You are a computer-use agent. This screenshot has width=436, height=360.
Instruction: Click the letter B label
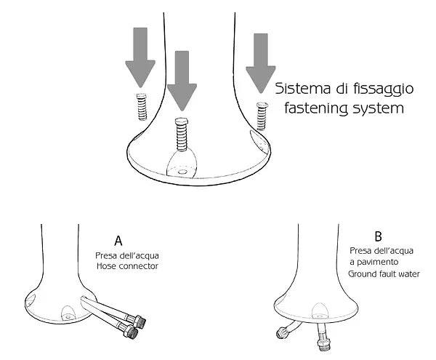click(x=378, y=236)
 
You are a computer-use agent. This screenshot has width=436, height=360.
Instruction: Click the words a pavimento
click(x=372, y=262)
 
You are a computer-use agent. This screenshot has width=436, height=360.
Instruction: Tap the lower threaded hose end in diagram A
click(x=131, y=332)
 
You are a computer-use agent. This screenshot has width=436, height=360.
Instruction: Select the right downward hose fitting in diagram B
click(x=323, y=339)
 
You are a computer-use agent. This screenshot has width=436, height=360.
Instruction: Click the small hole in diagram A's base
click(x=68, y=317)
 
